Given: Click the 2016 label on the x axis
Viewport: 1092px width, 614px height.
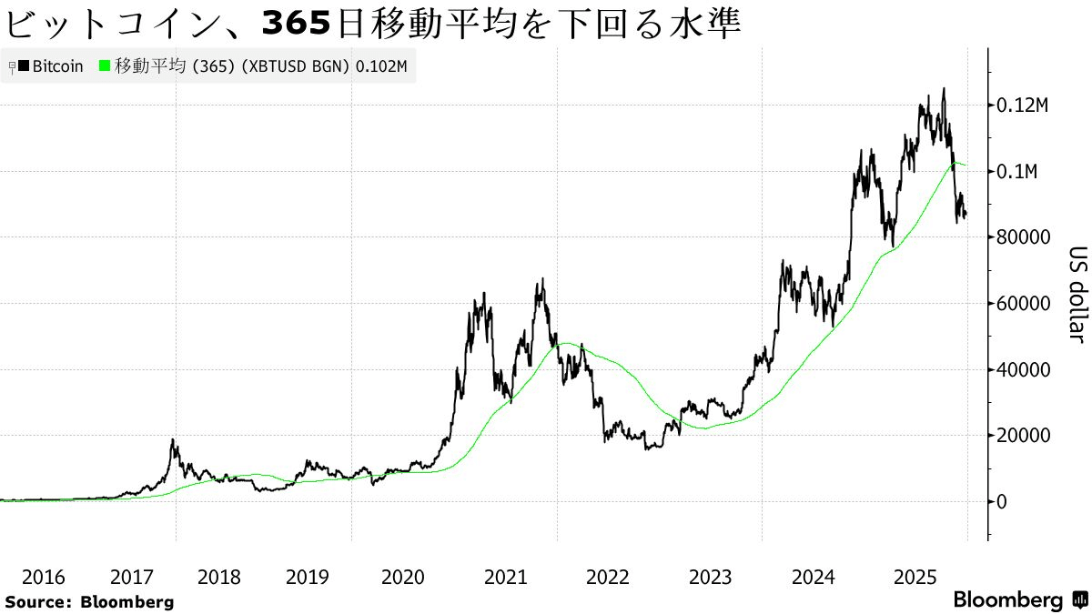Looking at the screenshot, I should pyautogui.click(x=43, y=577).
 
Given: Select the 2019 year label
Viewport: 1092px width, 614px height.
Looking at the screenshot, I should pyautogui.click(x=308, y=577).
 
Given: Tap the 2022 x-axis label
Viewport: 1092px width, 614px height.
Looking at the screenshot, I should pyautogui.click(x=607, y=577).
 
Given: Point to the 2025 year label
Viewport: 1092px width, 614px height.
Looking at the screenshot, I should pyautogui.click(x=915, y=577).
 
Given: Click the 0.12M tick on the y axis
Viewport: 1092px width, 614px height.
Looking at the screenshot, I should pyautogui.click(x=1022, y=106).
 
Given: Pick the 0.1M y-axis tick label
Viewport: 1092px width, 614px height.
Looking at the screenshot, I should pyautogui.click(x=1017, y=172).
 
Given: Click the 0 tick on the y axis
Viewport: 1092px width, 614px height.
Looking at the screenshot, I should pyautogui.click(x=1001, y=501).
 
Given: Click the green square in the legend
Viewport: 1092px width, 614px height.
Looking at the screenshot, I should pyautogui.click(x=105, y=66).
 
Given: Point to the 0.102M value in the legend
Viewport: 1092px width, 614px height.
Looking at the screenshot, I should pyautogui.click(x=380, y=66).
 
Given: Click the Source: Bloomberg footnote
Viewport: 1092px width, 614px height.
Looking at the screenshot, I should pyautogui.click(x=89, y=601).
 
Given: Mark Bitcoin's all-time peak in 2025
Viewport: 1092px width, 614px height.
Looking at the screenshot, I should pyautogui.click(x=944, y=89).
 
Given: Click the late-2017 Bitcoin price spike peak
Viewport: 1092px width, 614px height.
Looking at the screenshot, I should pyautogui.click(x=173, y=440).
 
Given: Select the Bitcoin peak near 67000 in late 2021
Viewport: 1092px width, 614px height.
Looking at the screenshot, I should pyautogui.click(x=543, y=280).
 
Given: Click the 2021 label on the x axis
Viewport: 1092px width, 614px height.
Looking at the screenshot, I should pyautogui.click(x=505, y=577).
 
